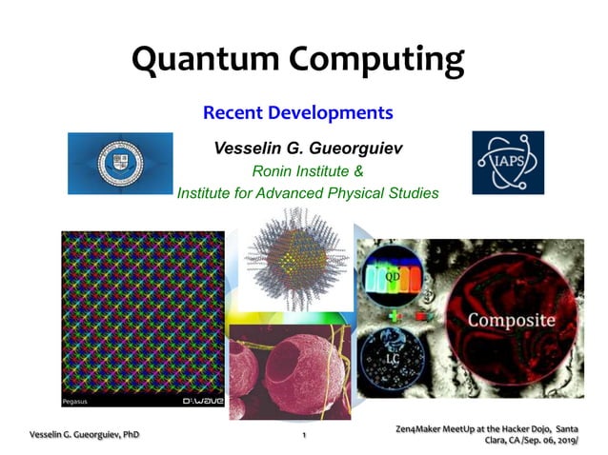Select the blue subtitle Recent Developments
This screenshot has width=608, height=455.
point(297,112)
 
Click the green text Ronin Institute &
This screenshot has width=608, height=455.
point(307,171)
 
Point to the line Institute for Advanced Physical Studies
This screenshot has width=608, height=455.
point(308,192)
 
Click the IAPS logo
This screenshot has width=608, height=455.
point(507,163)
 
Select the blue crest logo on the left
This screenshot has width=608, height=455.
point(120,163)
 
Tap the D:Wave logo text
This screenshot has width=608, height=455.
point(202,402)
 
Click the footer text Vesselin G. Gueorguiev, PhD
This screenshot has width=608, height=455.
point(84,434)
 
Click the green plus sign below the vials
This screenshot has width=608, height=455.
point(393,313)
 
